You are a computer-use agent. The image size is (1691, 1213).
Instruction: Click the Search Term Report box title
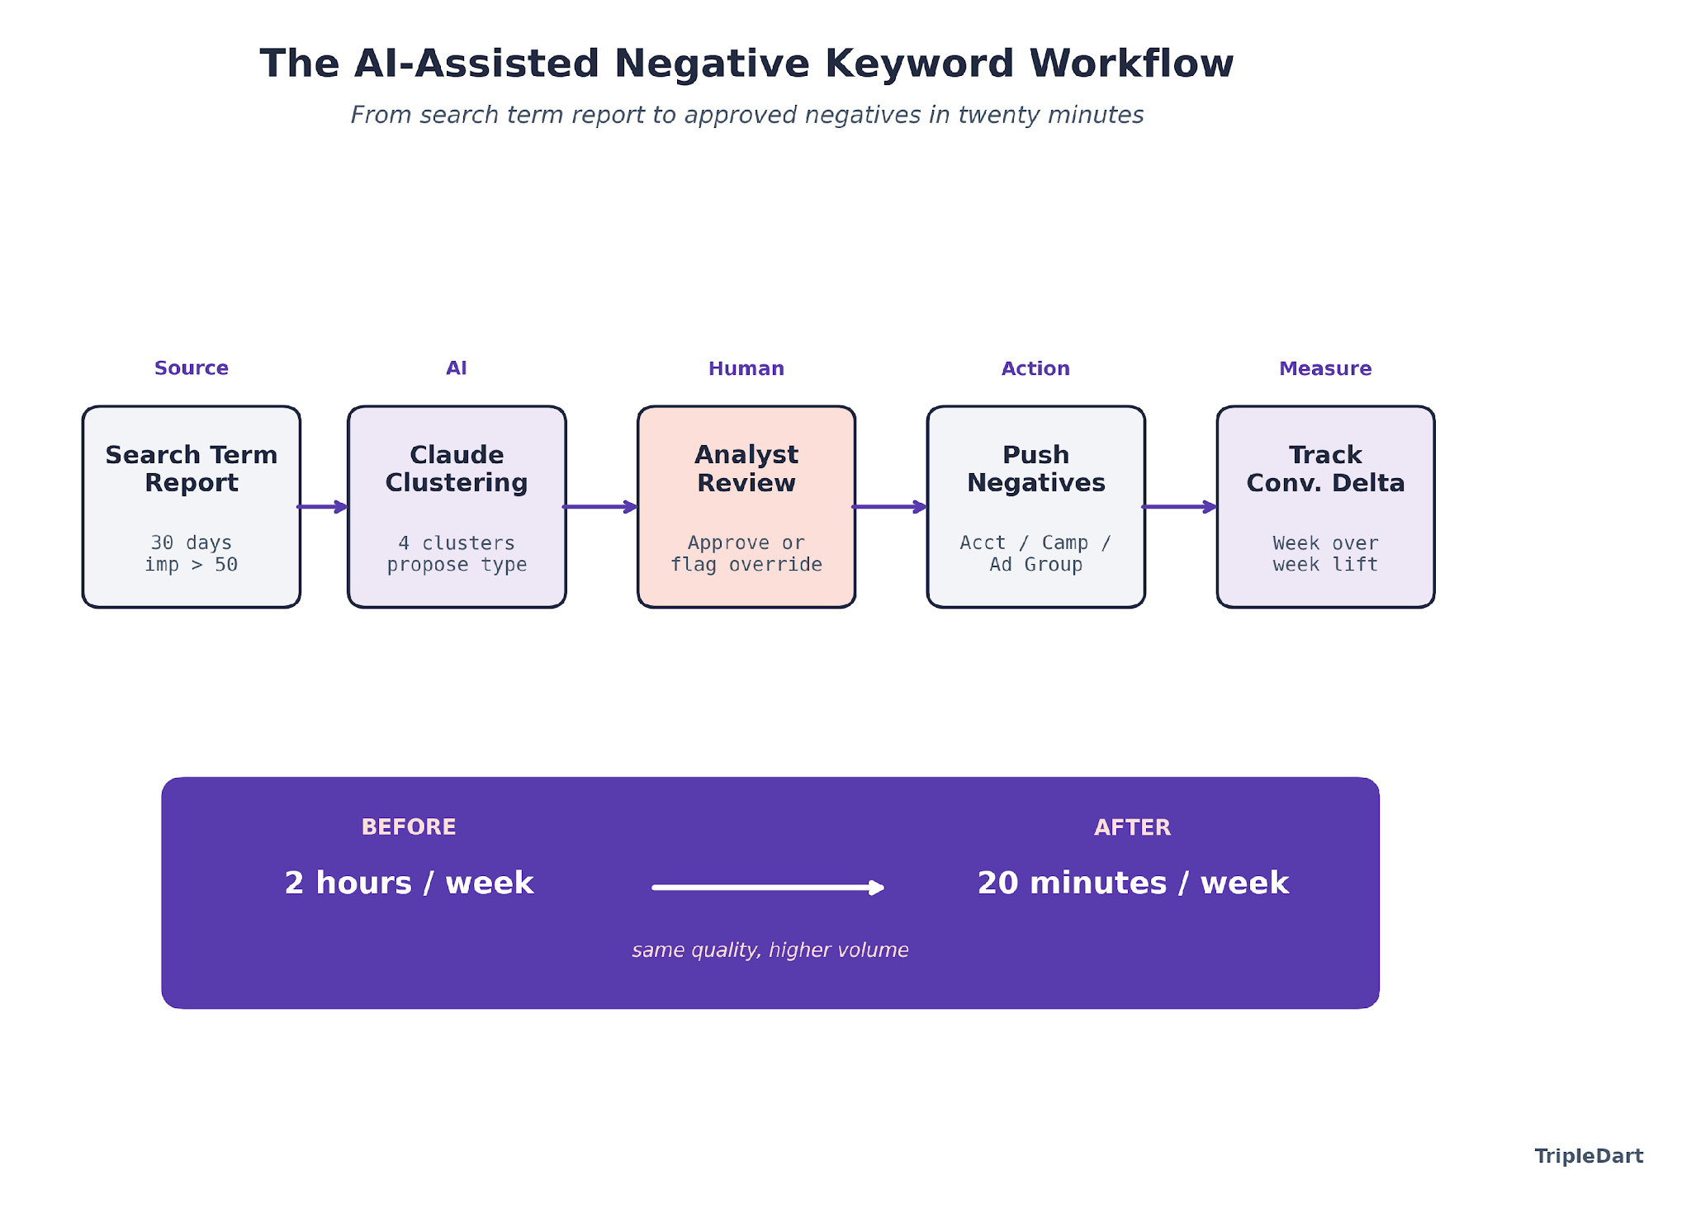click(x=191, y=468)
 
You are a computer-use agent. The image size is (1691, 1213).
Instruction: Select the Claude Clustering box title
click(x=457, y=468)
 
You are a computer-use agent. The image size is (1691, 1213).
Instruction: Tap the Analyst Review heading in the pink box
click(x=746, y=468)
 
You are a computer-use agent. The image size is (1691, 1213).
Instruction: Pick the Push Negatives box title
click(x=1035, y=468)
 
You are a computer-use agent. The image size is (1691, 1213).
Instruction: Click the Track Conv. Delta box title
click(x=1325, y=468)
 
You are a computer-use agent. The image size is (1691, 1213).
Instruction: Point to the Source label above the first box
click(x=191, y=368)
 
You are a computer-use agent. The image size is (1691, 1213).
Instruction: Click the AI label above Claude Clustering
click(x=457, y=368)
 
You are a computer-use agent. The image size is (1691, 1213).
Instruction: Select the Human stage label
click(x=746, y=369)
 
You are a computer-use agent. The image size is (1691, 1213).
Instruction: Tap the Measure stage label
click(x=1325, y=369)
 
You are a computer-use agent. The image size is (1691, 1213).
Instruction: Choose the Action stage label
click(x=1035, y=369)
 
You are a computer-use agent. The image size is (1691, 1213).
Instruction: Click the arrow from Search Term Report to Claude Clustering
click(x=323, y=507)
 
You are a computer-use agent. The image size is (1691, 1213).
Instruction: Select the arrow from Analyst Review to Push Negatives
click(x=890, y=507)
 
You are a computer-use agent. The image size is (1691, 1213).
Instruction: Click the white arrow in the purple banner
click(x=768, y=888)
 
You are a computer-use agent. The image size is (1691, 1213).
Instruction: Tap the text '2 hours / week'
click(x=409, y=883)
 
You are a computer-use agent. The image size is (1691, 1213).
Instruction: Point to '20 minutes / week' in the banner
click(x=1133, y=883)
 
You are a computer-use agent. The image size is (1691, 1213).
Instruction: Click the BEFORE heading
click(x=409, y=827)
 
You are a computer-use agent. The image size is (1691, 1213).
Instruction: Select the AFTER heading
click(x=1132, y=827)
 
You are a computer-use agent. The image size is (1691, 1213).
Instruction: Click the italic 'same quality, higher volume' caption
click(x=770, y=950)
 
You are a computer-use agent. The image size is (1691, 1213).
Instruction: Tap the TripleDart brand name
click(x=1589, y=1156)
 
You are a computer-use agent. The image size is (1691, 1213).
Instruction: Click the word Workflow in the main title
click(x=1131, y=64)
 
